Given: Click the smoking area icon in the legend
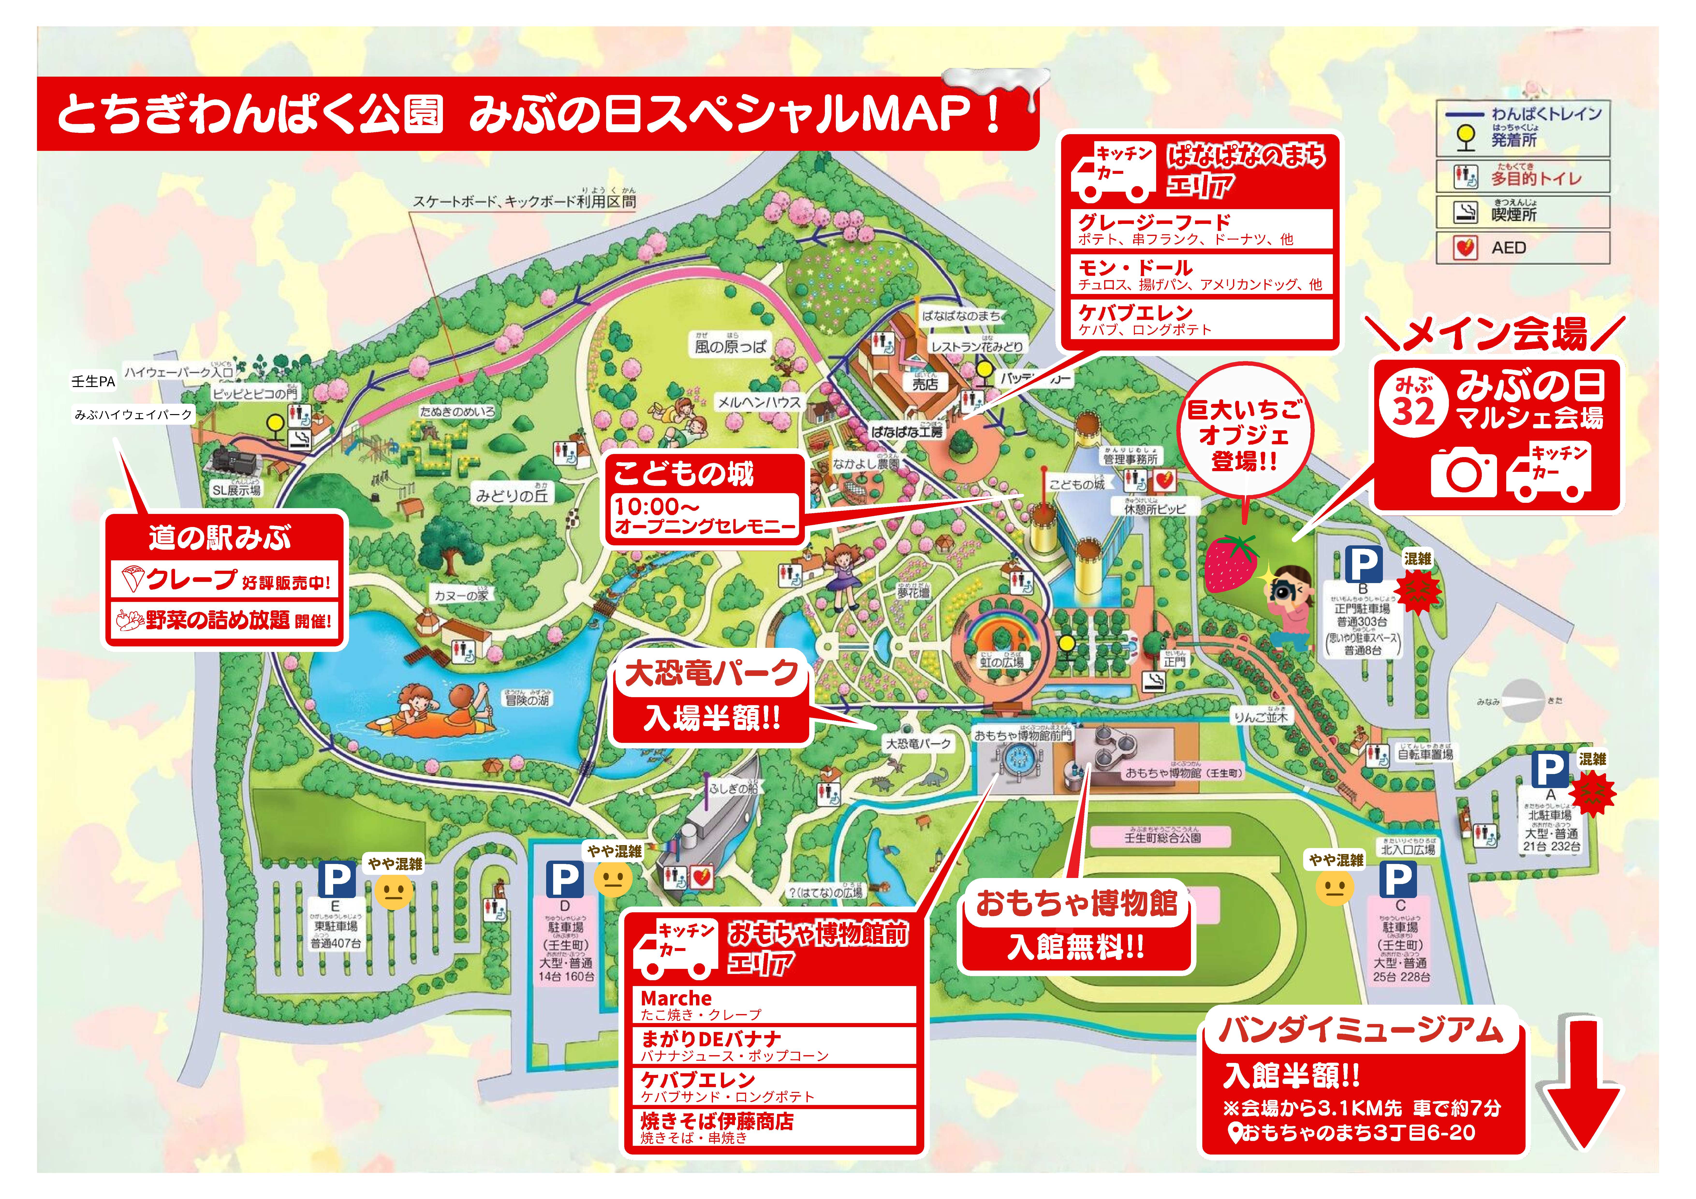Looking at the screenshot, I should tap(1465, 213).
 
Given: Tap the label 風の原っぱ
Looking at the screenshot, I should tap(730, 346).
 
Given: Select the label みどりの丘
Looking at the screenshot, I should tap(512, 496).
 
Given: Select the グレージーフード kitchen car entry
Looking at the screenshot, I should tap(1154, 222).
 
